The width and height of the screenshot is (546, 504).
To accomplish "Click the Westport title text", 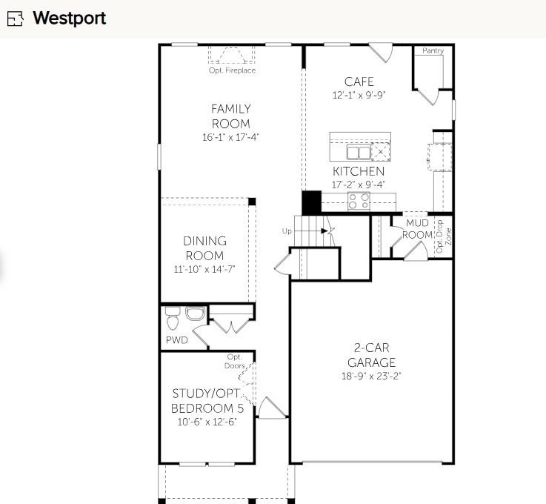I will (x=69, y=18).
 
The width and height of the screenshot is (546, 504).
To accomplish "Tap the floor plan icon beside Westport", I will (x=16, y=19).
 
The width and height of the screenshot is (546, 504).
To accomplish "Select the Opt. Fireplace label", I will (x=232, y=70).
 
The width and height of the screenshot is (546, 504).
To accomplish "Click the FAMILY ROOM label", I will (x=231, y=116).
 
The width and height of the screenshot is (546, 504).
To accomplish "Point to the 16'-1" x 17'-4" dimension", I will (x=231, y=137).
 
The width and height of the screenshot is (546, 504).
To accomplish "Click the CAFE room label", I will (x=359, y=82).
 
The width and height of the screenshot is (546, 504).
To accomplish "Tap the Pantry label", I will (x=433, y=51).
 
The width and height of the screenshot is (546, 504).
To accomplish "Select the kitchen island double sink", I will (x=359, y=153).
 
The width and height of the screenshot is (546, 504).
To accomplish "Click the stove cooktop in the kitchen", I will (x=359, y=200).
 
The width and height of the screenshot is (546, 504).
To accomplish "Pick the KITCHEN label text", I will (x=359, y=171).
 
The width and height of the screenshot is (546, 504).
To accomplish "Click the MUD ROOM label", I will (x=416, y=229).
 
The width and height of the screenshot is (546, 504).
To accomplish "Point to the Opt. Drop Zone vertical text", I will (x=443, y=236).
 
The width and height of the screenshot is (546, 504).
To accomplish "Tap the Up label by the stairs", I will (x=287, y=231).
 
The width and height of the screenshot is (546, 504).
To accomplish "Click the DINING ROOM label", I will (x=205, y=248).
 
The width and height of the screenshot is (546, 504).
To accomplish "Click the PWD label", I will (x=176, y=340).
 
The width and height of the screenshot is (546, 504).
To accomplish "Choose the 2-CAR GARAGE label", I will (x=371, y=355).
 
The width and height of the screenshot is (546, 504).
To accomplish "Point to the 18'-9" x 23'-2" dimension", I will (x=371, y=376).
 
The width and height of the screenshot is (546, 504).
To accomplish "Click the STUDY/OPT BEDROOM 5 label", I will (x=207, y=400).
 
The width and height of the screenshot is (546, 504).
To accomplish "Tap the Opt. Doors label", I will (x=235, y=361).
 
